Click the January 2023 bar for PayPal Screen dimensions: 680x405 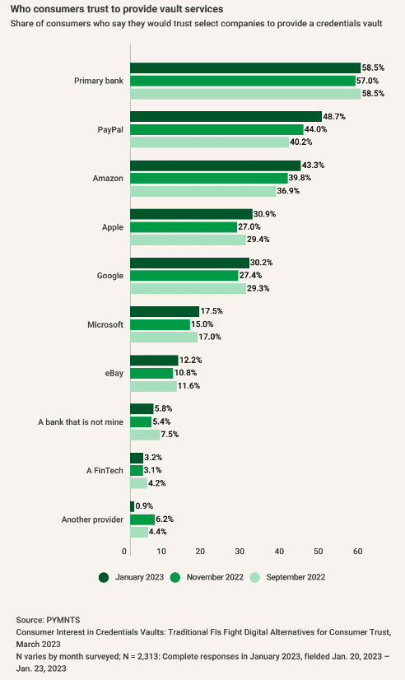[x=226, y=117]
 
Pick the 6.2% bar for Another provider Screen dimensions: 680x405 [x=142, y=519]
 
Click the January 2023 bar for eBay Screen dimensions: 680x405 [x=154, y=360]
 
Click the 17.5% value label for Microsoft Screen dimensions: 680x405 [x=212, y=311]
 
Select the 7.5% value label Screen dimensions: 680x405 [x=171, y=434]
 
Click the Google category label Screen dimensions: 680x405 [x=109, y=276]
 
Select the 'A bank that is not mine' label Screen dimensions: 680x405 [x=81, y=422]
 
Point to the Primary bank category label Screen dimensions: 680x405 [x=98, y=81]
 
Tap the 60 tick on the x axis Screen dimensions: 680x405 [x=356, y=551]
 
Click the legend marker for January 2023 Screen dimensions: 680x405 [x=104, y=577]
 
